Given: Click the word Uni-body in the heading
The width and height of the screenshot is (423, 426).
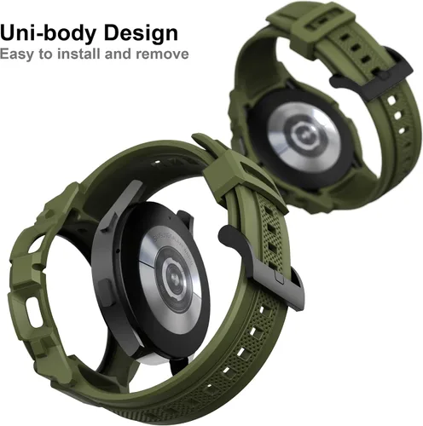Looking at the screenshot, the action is tap(49, 33).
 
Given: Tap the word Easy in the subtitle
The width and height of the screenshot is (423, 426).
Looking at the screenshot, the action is tap(17, 55).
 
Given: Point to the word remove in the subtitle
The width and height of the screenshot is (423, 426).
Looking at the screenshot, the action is tap(162, 54).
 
